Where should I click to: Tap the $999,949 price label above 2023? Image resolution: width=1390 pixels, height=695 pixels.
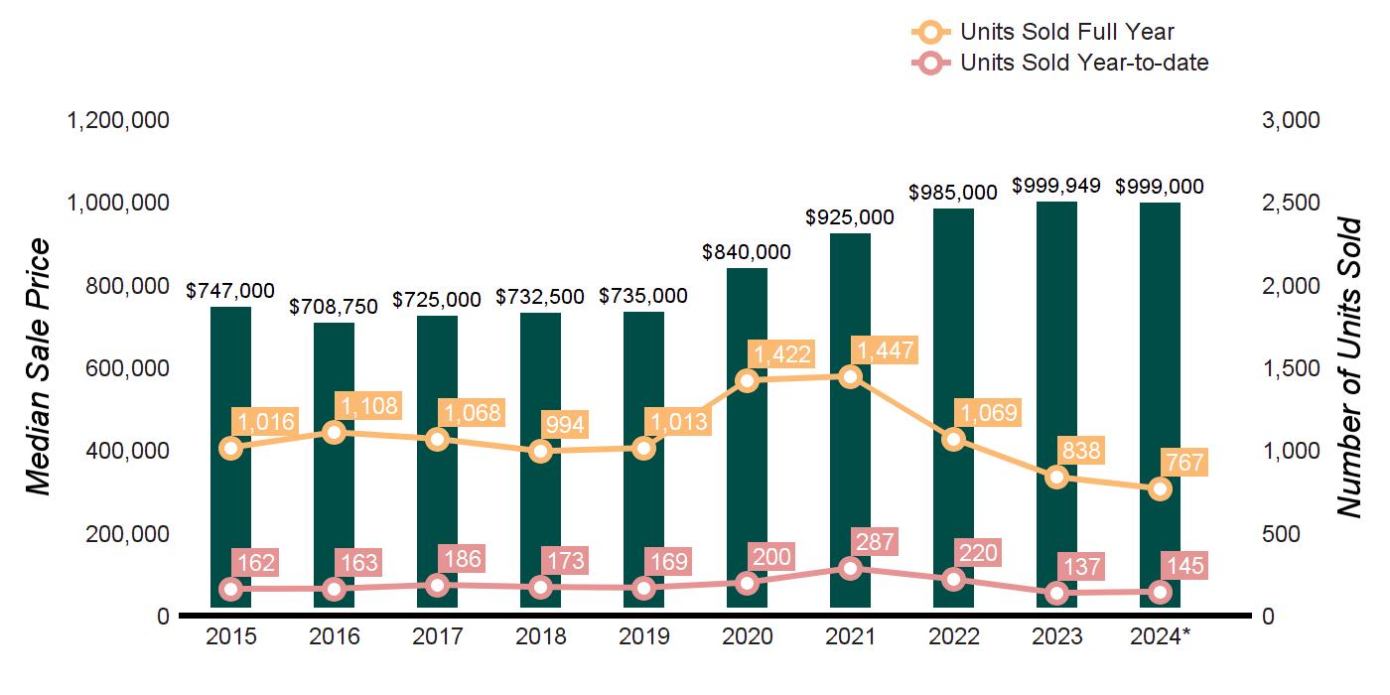[1056, 186]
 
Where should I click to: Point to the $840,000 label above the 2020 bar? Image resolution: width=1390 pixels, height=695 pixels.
[747, 252]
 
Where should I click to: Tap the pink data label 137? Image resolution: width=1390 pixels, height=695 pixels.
[1081, 567]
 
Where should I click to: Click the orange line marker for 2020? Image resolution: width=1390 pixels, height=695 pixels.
[747, 380]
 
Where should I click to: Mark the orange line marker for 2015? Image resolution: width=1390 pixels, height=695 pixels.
[230, 448]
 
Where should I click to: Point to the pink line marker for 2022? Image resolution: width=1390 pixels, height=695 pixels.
[953, 579]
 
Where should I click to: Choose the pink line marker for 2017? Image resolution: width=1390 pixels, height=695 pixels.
[437, 585]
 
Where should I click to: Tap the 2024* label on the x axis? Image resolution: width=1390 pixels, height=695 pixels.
[1160, 636]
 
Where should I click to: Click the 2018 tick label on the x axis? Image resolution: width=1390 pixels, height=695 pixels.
[540, 636]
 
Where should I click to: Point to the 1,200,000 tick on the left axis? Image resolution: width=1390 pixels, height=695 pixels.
[117, 120]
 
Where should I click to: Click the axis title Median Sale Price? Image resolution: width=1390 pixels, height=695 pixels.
[38, 367]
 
